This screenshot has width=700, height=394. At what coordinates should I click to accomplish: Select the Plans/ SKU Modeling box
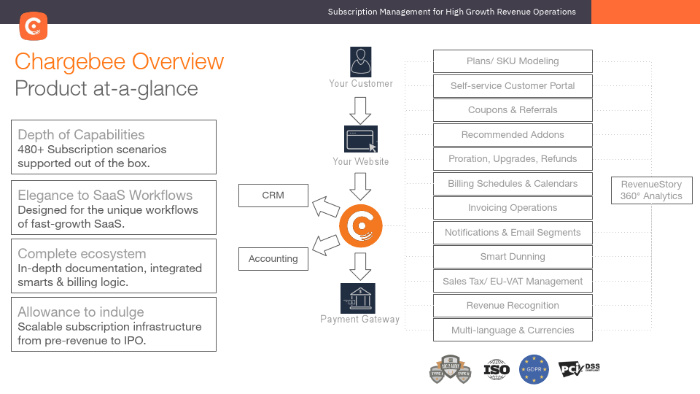coord(513,61)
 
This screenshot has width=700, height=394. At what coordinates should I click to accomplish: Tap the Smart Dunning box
coord(513,257)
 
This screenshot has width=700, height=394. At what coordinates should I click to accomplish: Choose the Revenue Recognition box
coord(513,306)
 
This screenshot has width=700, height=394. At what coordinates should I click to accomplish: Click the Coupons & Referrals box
coord(513,110)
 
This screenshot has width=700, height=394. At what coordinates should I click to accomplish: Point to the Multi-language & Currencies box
coord(513,331)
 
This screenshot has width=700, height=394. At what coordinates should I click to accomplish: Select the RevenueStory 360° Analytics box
coord(651,190)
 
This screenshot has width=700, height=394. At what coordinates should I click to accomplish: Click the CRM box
coord(273,196)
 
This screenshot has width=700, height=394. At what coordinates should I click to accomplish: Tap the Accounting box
coord(273,259)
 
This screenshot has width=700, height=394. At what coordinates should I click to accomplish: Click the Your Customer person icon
coord(360,62)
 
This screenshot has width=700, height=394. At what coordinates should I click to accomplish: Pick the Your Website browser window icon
coord(360,139)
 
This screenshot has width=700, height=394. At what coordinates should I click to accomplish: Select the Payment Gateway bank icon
coord(358,298)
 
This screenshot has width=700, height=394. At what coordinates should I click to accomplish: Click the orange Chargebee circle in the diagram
coord(361,227)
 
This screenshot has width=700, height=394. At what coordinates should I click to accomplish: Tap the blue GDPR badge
coord(534,370)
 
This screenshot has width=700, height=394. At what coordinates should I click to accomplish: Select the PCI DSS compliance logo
coord(579,369)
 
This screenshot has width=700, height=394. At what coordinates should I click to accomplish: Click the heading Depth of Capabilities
coord(81,134)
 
